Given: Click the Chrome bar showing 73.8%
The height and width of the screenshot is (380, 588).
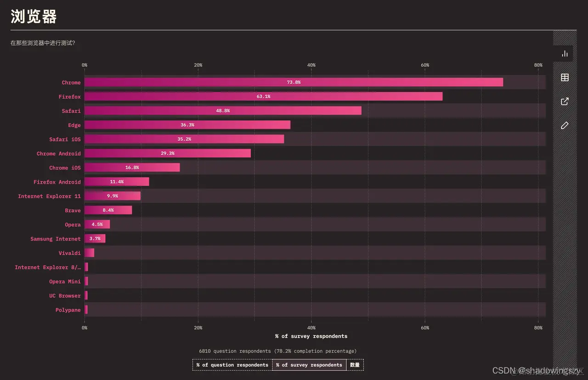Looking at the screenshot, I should tap(294, 82).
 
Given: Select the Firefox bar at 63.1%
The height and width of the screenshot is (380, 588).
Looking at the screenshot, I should tap(263, 97).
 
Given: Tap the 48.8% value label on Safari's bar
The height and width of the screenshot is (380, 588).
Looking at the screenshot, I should tap(223, 111).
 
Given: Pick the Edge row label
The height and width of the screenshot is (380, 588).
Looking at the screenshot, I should tap(74, 125).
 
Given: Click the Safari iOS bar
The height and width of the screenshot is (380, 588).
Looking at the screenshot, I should tap(184, 139).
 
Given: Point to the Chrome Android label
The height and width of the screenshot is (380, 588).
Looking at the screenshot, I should tap(58, 154).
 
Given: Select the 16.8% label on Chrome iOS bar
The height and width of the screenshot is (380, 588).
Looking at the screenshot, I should tap(132, 167).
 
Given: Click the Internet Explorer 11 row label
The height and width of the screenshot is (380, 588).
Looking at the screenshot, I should tap(49, 196).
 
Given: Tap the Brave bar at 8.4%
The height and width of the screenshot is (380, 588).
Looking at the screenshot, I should tap(108, 210).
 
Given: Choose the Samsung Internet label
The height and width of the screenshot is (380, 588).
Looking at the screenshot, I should tap(55, 239).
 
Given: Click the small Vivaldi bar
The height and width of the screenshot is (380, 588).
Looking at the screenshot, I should tap(89, 253).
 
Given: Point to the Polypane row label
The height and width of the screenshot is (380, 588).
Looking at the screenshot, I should tap(68, 310).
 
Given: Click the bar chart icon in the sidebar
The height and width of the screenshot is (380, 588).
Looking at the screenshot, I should tap(565, 54).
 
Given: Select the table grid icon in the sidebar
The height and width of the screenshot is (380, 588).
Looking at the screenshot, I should tap(565, 77).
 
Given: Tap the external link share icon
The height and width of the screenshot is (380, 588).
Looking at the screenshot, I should tap(565, 101).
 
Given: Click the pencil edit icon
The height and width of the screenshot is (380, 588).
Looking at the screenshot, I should tap(565, 125).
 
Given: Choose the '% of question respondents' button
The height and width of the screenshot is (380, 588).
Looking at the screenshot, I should tap(232, 365).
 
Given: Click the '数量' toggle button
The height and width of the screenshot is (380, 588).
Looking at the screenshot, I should tap(355, 365).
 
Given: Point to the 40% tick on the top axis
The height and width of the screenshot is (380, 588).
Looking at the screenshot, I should tap(311, 65).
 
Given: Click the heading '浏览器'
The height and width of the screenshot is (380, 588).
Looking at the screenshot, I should tap(34, 17).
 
